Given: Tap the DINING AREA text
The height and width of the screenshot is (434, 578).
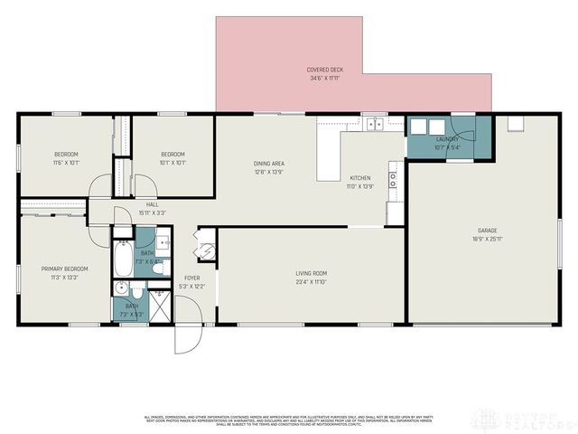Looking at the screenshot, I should tap(270, 164).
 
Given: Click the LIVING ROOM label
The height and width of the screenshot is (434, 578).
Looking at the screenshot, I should tap(311, 273).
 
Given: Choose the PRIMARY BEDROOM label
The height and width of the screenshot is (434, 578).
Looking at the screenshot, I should tap(64, 269).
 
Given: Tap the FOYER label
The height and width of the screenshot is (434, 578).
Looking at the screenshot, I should tap(192, 278).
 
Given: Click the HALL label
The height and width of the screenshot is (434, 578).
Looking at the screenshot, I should tap(152, 205).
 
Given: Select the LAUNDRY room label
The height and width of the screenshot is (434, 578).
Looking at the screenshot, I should tap(447, 138).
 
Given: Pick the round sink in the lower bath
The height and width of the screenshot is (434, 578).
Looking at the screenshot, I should tap(120, 290).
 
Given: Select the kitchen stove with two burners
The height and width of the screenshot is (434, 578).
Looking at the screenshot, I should tap(393, 178).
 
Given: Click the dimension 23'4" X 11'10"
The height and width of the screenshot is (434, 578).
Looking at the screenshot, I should tap(311, 282).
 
